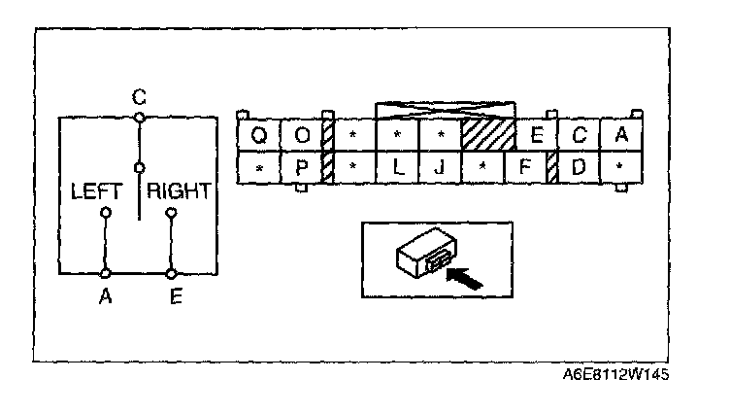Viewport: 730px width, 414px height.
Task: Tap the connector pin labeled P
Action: point(301,167)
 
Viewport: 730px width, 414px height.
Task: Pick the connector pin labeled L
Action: point(398,167)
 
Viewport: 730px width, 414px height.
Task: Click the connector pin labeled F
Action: point(524,167)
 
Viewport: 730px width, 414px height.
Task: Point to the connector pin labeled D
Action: point(579,167)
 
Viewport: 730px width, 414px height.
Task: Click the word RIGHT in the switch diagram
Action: point(179,191)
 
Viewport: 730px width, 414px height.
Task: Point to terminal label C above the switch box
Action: point(139,98)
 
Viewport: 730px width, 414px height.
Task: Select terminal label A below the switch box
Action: point(105,298)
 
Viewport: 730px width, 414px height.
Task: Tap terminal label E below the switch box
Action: point(174,298)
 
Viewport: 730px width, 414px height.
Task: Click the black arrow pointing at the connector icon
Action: point(466,280)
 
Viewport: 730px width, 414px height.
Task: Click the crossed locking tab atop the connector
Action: point(444,108)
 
